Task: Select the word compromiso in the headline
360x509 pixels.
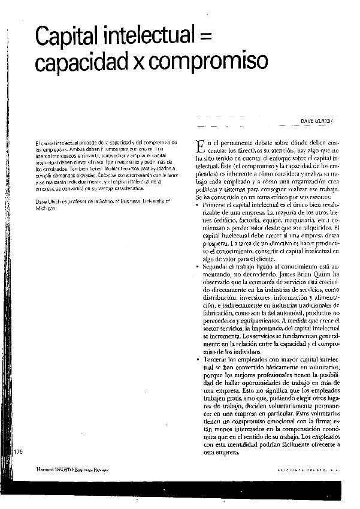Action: (x=205, y=61)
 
